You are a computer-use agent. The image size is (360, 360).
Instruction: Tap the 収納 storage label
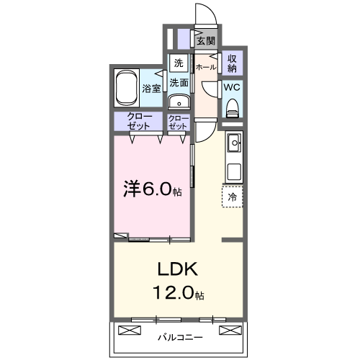pyautogui.click(x=232, y=63)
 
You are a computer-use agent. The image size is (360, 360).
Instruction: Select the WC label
pyautogui.click(x=232, y=87)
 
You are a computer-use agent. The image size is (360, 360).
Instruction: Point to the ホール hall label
pyautogui.click(x=205, y=67)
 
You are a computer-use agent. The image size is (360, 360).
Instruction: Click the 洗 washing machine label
pyautogui.click(x=179, y=62)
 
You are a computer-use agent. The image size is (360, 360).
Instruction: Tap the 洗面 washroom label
pyautogui.click(x=179, y=83)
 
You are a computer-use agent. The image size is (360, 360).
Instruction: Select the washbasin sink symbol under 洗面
pyautogui.click(x=179, y=101)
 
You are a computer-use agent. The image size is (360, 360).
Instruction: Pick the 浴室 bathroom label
pyautogui.click(x=151, y=89)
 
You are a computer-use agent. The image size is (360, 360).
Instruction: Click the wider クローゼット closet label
pyautogui.click(x=139, y=122)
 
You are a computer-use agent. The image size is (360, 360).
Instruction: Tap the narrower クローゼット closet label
pyautogui.click(x=178, y=122)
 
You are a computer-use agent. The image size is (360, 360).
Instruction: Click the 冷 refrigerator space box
pyautogui.click(x=233, y=196)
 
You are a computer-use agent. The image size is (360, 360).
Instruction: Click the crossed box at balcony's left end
pyautogui.click(x=129, y=331)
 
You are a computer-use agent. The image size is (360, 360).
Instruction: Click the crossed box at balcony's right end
pyautogui.click(x=230, y=331)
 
